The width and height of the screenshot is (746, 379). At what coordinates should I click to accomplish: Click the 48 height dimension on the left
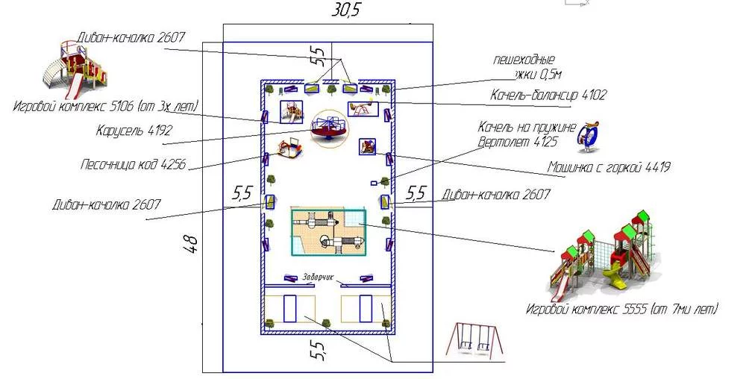(x=192, y=244)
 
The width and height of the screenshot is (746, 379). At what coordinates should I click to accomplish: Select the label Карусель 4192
(x=134, y=131)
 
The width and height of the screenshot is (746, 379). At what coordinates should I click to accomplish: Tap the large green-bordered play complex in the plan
(x=328, y=231)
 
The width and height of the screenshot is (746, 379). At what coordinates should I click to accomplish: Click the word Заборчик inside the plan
(x=317, y=277)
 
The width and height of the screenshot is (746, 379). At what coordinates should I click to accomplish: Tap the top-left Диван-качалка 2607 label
(x=131, y=38)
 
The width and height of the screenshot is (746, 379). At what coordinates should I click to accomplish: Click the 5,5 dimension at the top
(x=318, y=54)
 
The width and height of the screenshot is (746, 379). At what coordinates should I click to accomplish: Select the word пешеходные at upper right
(x=524, y=59)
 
